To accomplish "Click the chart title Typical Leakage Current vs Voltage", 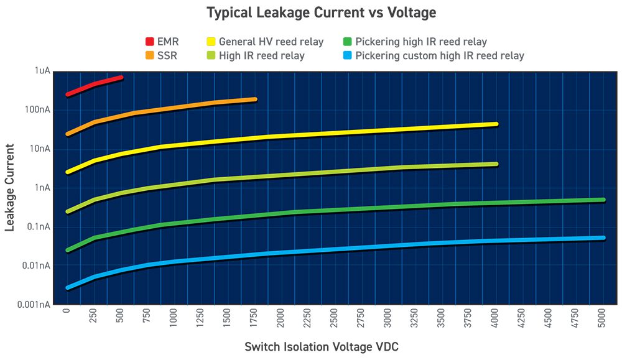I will (x=322, y=12).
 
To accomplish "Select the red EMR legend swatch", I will (x=149, y=42).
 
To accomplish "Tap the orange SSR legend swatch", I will (x=149, y=56).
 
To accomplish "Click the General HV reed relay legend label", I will (x=271, y=42).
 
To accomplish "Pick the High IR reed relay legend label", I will (x=262, y=56).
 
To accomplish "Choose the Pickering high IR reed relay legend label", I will (x=421, y=42).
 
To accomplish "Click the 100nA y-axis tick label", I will (x=37, y=110).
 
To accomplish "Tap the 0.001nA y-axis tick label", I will (x=33, y=305).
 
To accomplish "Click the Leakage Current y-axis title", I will (x=10, y=187).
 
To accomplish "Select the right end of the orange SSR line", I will (x=254, y=99).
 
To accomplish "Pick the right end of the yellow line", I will (x=496, y=124).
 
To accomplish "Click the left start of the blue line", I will (x=68, y=287).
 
